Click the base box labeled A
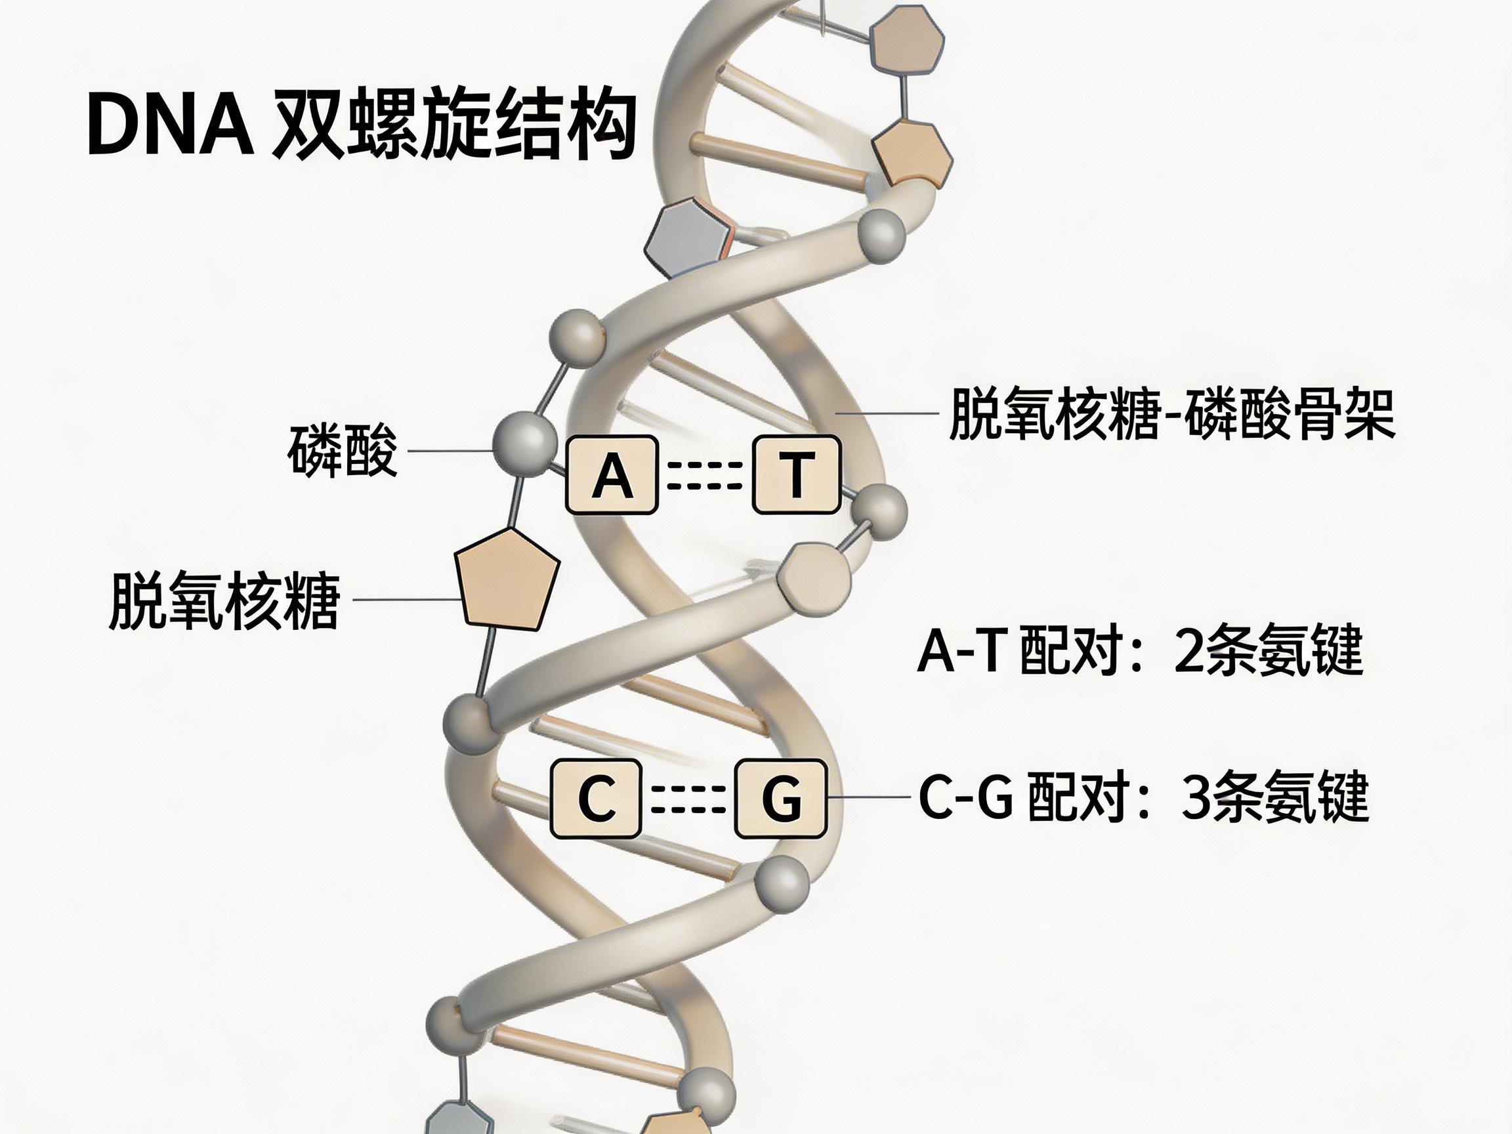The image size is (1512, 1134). pyautogui.click(x=611, y=475)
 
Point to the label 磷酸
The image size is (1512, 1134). pyautogui.click(x=342, y=451)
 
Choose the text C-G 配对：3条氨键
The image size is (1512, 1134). pyautogui.click(x=1143, y=797)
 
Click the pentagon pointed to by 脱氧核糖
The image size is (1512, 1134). pyautogui.click(x=507, y=578)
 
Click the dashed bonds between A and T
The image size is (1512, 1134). pyautogui.click(x=704, y=475)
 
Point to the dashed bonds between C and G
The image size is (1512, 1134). pyautogui.click(x=688, y=799)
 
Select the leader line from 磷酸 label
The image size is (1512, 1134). pyautogui.click(x=450, y=451)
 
